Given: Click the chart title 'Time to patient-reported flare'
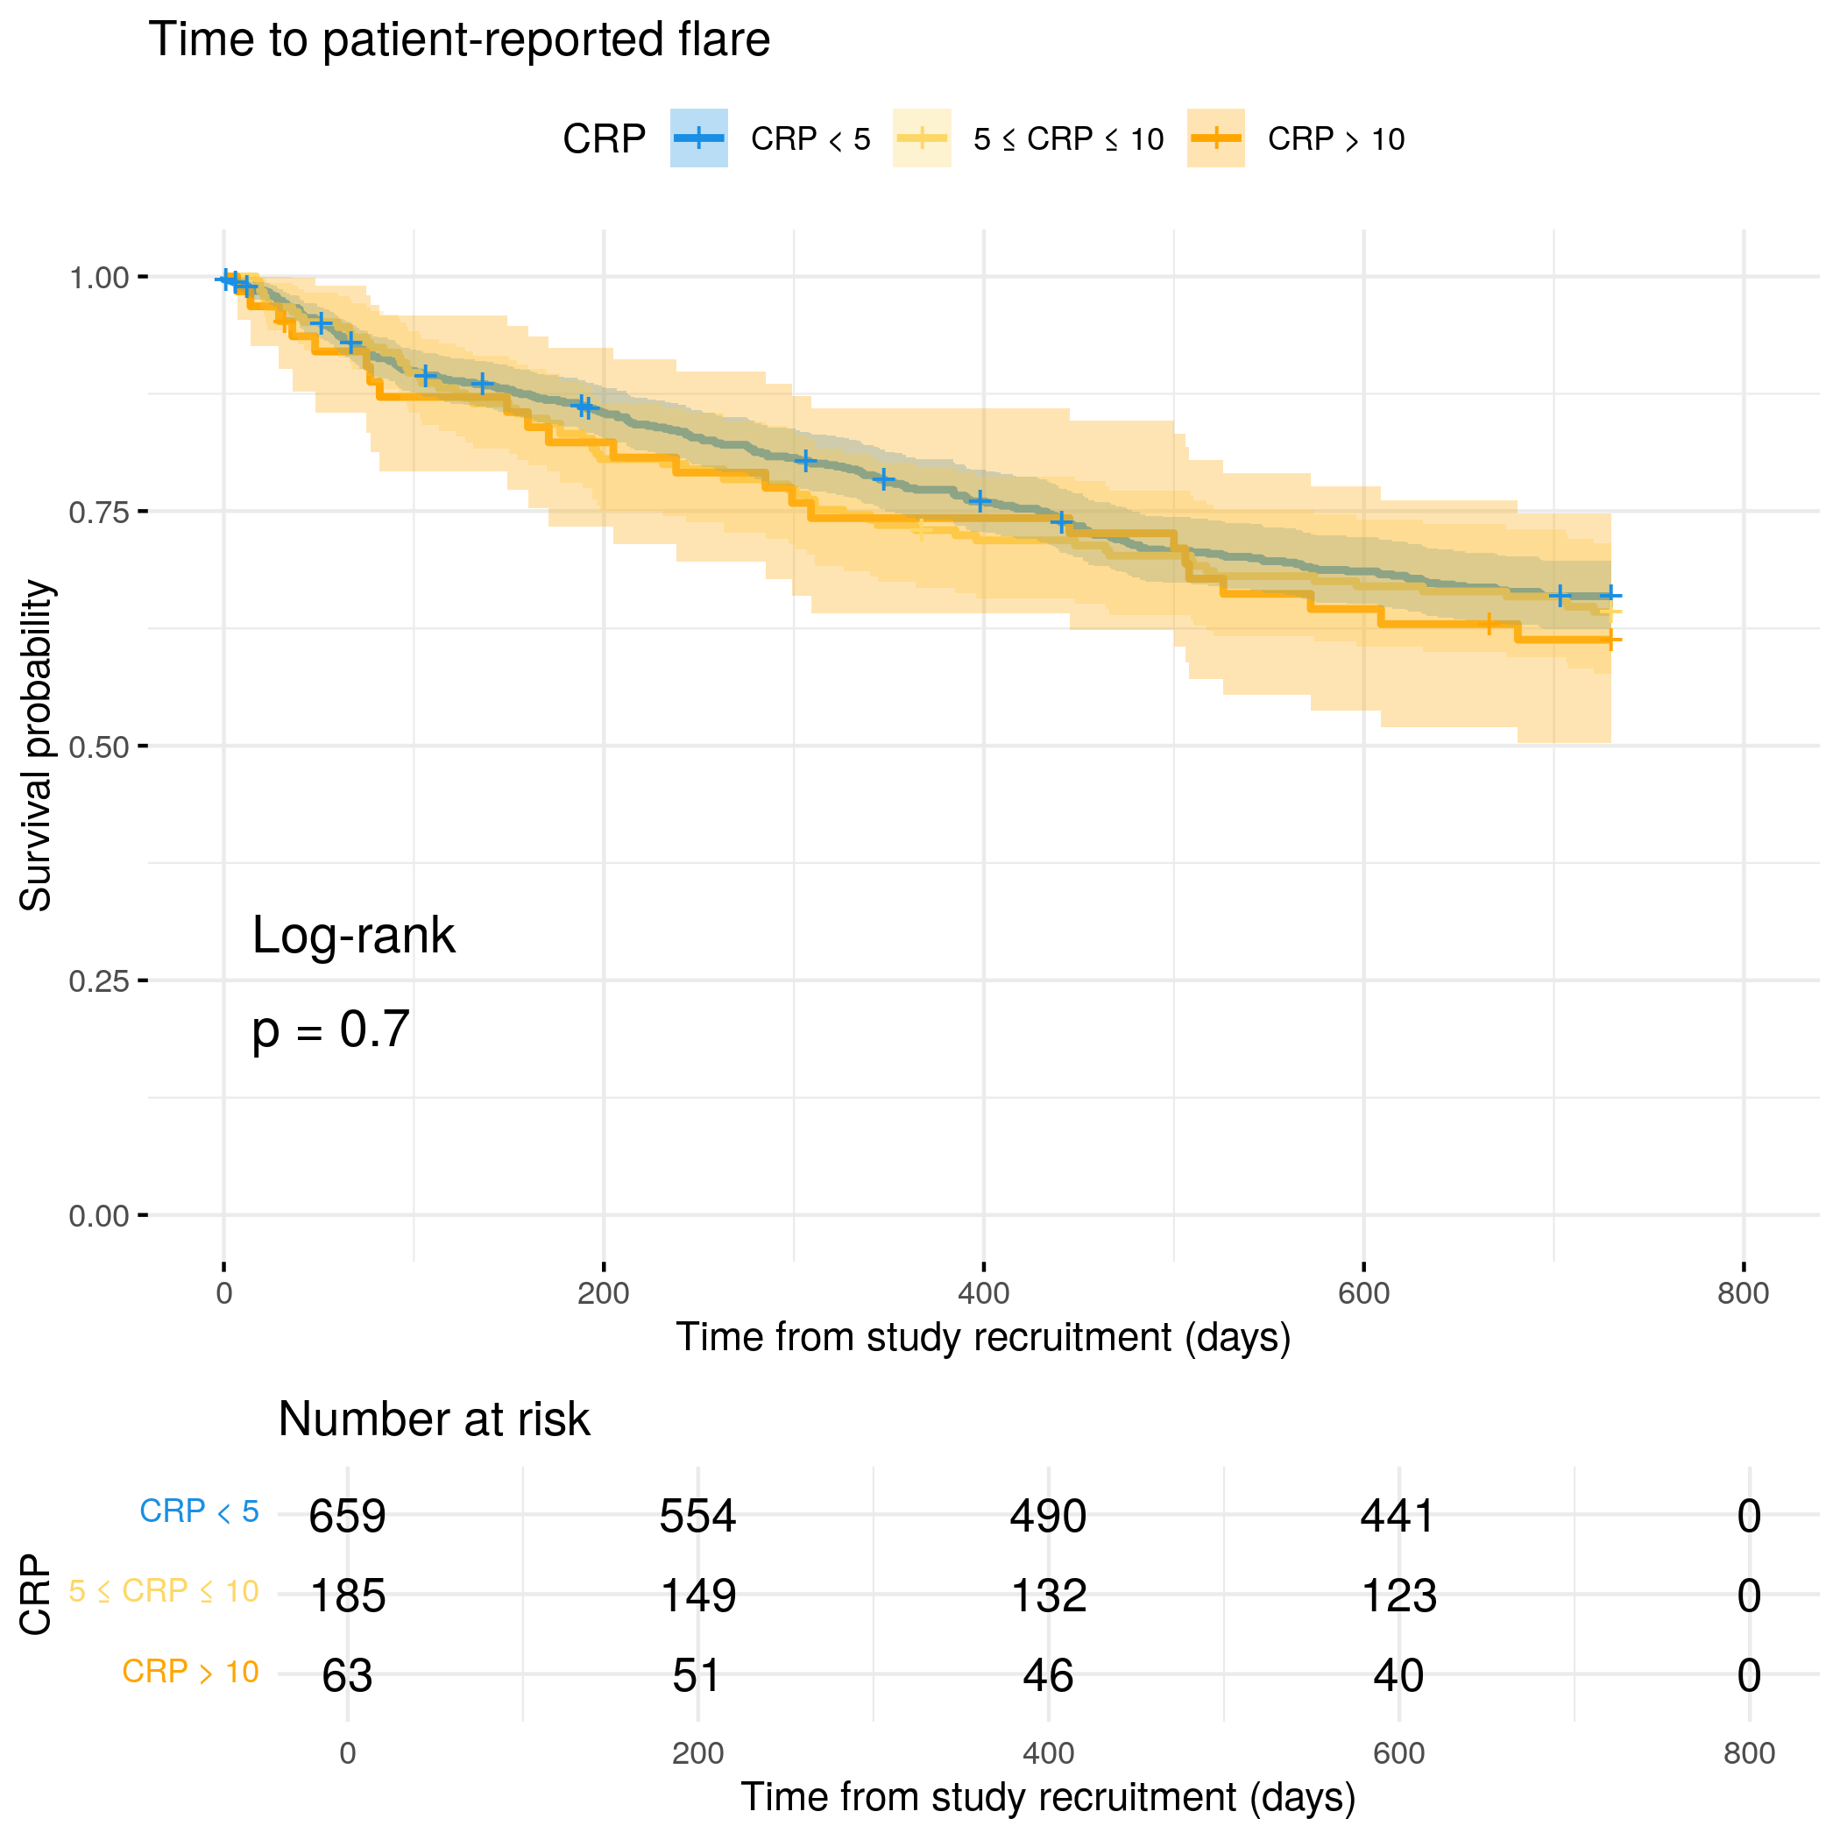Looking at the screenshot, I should pyautogui.click(x=459, y=40).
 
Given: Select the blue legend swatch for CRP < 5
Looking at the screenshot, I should pyautogui.click(x=699, y=138).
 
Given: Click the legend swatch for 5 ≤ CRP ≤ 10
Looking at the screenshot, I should pyautogui.click(x=921, y=138).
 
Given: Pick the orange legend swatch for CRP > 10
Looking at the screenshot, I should pyautogui.click(x=1215, y=138).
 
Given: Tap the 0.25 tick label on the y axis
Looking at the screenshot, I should pyautogui.click(x=99, y=981).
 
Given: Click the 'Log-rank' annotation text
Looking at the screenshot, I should pyautogui.click(x=353, y=935).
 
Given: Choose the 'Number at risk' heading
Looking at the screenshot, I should pyautogui.click(x=434, y=1419).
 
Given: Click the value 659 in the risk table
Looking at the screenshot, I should pyautogui.click(x=348, y=1515).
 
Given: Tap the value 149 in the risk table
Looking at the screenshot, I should pyautogui.click(x=698, y=1596).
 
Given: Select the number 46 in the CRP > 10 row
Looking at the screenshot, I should pyautogui.click(x=1048, y=1675).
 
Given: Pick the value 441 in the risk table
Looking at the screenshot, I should pyautogui.click(x=1398, y=1515).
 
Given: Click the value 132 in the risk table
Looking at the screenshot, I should pyautogui.click(x=1048, y=1596).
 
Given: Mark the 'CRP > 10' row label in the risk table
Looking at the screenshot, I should pyautogui.click(x=190, y=1672).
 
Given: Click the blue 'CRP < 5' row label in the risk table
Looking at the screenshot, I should pyautogui.click(x=199, y=1511).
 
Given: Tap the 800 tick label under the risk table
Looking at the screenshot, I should pyautogui.click(x=1749, y=1753).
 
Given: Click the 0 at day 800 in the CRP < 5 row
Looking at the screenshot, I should pyautogui.click(x=1749, y=1515).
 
